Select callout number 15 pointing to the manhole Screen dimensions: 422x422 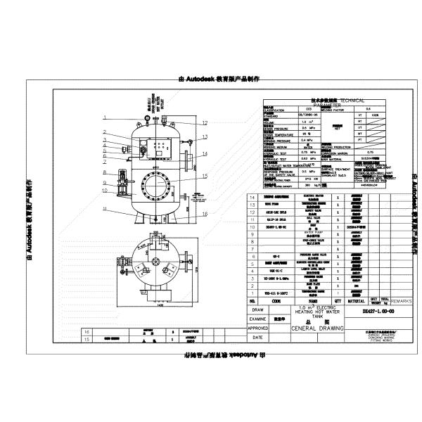[205, 175]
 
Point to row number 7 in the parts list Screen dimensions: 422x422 [252, 249]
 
